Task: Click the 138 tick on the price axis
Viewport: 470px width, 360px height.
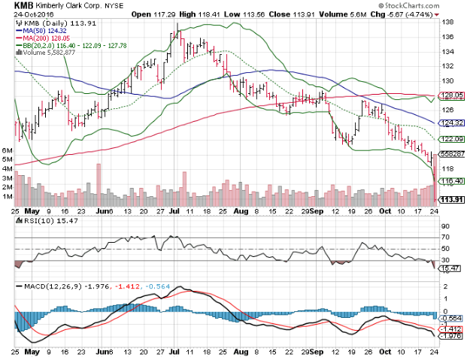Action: coord(447,23)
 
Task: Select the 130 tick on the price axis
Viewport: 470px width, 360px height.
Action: coord(447,81)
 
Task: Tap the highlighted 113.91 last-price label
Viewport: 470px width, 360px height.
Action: coord(450,199)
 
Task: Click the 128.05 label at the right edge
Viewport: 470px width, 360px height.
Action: coord(450,95)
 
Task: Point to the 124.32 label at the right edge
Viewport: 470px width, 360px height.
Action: coord(450,123)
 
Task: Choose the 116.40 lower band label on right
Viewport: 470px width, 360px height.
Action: coord(450,181)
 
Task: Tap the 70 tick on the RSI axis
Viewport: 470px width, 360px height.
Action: coord(446,237)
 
